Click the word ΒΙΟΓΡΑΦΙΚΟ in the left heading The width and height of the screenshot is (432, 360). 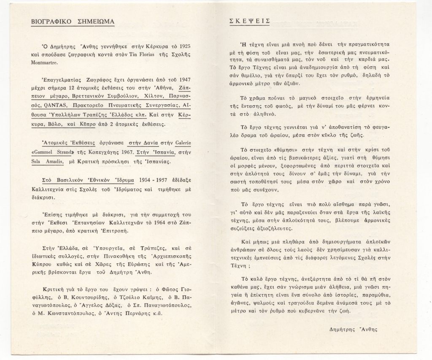[x=52, y=22]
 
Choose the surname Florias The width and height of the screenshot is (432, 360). [x=146, y=54]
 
